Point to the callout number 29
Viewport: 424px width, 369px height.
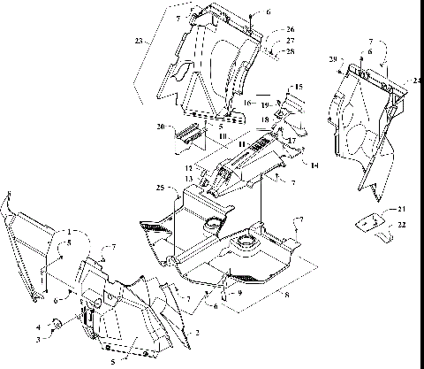point(332,58)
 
